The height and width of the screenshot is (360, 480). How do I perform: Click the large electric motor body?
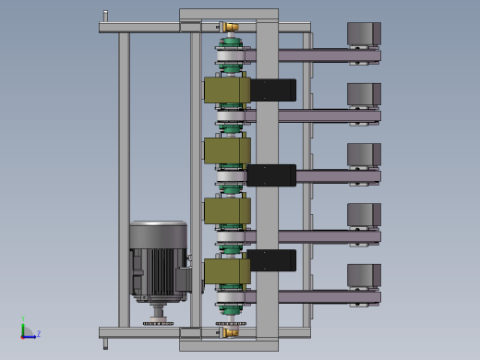[159, 261]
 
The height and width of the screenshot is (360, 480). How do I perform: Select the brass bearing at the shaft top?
[231, 27]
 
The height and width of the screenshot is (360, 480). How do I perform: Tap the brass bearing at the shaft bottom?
[231, 332]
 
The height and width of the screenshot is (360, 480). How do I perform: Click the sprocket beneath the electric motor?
[158, 323]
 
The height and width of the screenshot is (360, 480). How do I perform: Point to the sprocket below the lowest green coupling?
[231, 323]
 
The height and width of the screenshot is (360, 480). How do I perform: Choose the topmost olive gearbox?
[227, 90]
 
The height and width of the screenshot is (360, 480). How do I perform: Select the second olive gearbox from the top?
[227, 150]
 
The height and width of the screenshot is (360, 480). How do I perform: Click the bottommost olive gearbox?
[227, 271]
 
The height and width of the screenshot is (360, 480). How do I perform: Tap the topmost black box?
[273, 90]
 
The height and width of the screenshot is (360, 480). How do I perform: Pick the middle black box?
[271, 175]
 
